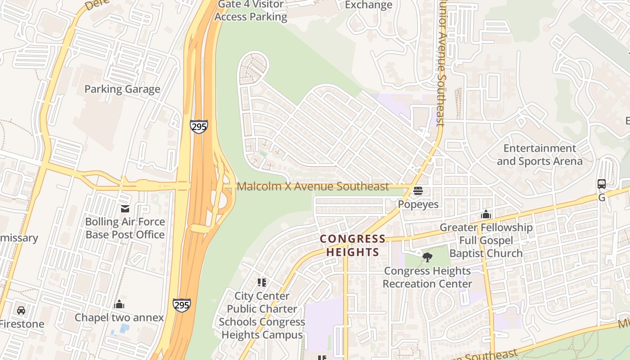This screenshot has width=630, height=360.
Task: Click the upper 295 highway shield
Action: [x=198, y=126]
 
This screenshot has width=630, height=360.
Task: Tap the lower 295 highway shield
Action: [x=181, y=305]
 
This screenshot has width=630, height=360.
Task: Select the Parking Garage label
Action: [x=122, y=89]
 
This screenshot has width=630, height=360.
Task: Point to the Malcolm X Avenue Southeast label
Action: [x=313, y=186]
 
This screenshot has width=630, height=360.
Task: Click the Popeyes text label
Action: [x=418, y=204]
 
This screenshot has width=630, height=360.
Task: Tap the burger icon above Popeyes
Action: [x=418, y=191]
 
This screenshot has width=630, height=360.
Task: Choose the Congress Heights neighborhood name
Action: [x=353, y=245]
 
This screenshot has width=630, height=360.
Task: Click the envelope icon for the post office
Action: [x=125, y=209]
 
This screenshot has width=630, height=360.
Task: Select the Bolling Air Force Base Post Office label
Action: [x=125, y=228]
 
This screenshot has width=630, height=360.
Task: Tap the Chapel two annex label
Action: [x=119, y=318]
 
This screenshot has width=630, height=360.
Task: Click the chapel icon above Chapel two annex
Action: [x=119, y=305]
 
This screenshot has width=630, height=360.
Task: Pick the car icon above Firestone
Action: [x=21, y=310]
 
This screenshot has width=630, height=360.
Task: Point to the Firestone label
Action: [x=22, y=324]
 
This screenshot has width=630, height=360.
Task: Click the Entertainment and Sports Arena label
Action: [x=540, y=155]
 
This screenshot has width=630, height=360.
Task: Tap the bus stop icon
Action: [x=602, y=184]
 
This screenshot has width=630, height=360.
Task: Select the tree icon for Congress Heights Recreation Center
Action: [x=427, y=257]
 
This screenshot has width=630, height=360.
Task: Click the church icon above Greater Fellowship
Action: [x=486, y=214]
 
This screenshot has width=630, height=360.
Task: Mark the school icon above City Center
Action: [x=262, y=283]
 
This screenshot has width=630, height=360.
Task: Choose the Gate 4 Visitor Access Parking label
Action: [x=251, y=11]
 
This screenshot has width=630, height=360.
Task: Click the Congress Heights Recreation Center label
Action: [x=427, y=277]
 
